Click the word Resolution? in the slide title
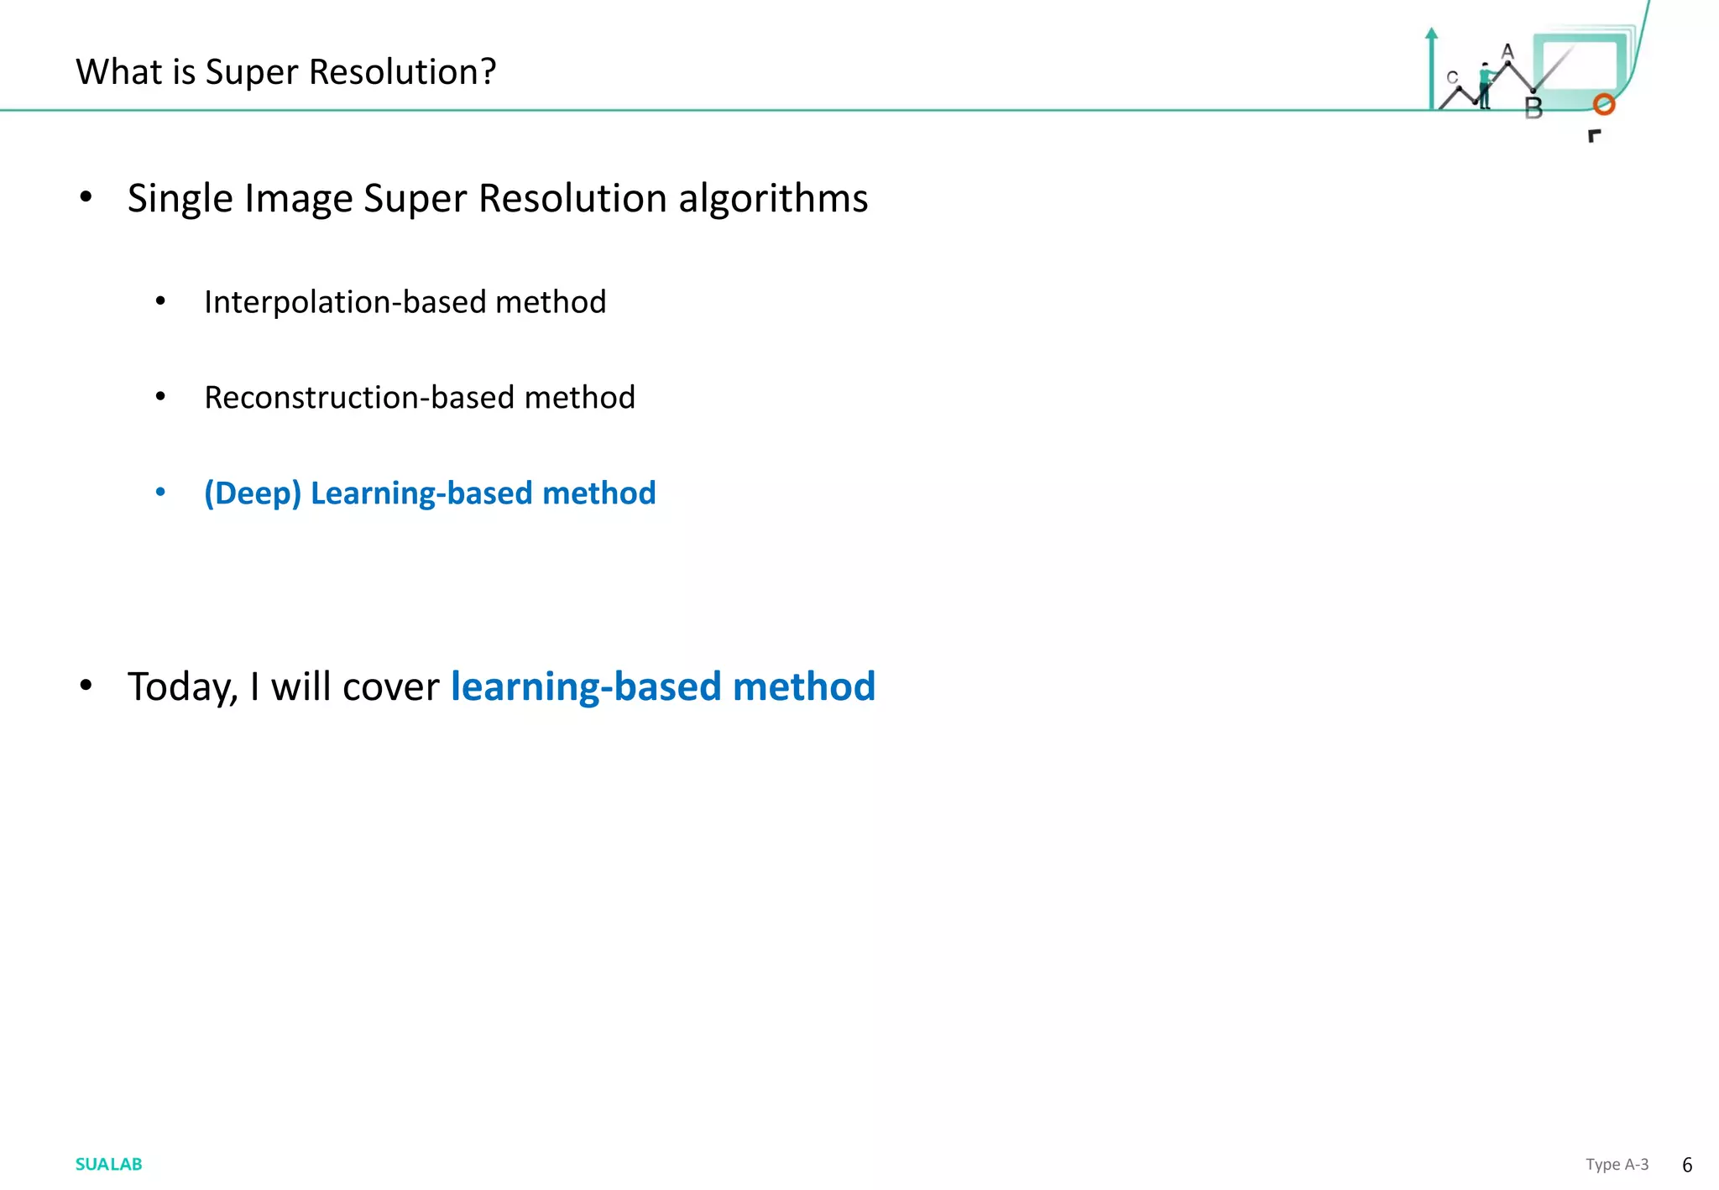pos(402,72)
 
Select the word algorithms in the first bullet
pos(773,199)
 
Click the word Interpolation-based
pos(344,302)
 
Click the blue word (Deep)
pos(252,493)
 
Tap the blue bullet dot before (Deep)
pos(160,492)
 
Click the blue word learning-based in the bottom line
pos(586,687)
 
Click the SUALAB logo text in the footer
pos(108,1164)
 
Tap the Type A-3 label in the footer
pos(1617,1164)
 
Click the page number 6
pos(1687,1165)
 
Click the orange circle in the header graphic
pos(1604,104)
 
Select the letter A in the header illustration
pos(1507,52)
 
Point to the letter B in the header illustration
pos(1534,108)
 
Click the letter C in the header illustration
pos(1452,77)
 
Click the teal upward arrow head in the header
pos(1432,34)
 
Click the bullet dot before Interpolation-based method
pos(160,301)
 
